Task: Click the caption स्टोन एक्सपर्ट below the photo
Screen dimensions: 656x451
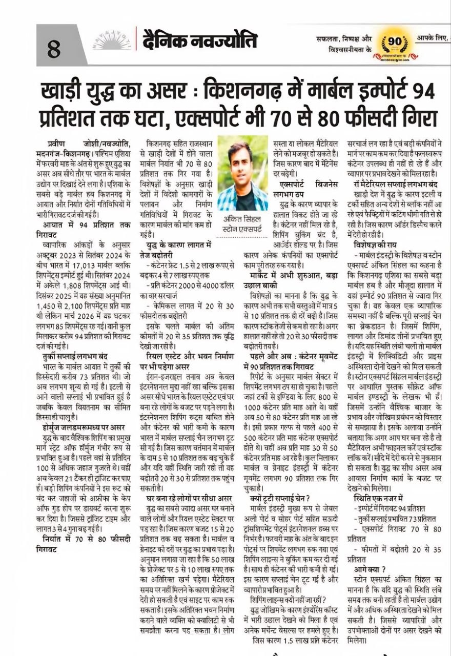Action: (x=242, y=229)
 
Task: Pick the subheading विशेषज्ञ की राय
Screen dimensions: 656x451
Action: (x=378, y=245)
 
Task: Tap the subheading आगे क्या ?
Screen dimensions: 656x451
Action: (x=370, y=569)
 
